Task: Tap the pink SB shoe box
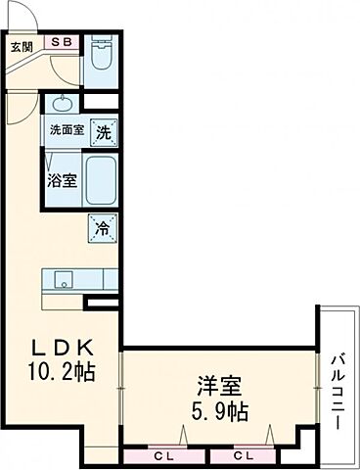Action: (61, 43)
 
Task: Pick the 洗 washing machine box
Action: (104, 129)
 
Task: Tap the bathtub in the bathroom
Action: (102, 179)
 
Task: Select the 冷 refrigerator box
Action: (102, 227)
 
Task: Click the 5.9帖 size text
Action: (222, 411)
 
